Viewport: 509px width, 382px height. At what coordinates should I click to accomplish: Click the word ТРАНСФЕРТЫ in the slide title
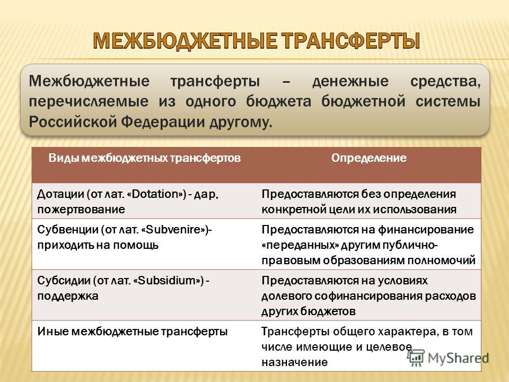pos(350,41)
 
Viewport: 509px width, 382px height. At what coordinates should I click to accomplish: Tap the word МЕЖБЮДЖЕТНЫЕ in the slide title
pos(185,41)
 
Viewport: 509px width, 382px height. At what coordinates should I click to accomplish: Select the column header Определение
pos(369,158)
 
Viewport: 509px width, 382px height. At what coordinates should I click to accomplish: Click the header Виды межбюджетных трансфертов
pos(144,158)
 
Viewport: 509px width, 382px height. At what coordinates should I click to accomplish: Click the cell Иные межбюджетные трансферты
pos(133,332)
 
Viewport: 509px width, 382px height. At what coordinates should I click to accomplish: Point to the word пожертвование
pos(81,210)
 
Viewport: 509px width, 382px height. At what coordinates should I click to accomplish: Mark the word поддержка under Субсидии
pos(68,296)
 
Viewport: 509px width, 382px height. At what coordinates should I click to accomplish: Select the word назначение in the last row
pos(295,362)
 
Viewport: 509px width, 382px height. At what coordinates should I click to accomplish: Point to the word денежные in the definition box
pos(350,81)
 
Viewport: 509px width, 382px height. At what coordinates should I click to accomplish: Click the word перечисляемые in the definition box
pos(89,102)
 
